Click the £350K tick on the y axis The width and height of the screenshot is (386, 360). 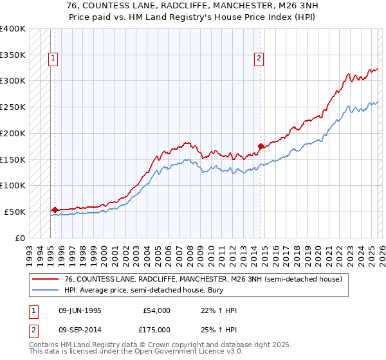[x=12, y=55]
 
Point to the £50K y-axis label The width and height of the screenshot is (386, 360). [x=14, y=212]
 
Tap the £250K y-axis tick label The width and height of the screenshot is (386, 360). [x=12, y=107]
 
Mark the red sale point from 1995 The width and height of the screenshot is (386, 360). [x=55, y=209]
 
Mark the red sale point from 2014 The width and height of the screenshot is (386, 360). [x=261, y=146]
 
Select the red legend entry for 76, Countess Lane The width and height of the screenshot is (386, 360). [x=206, y=279]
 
